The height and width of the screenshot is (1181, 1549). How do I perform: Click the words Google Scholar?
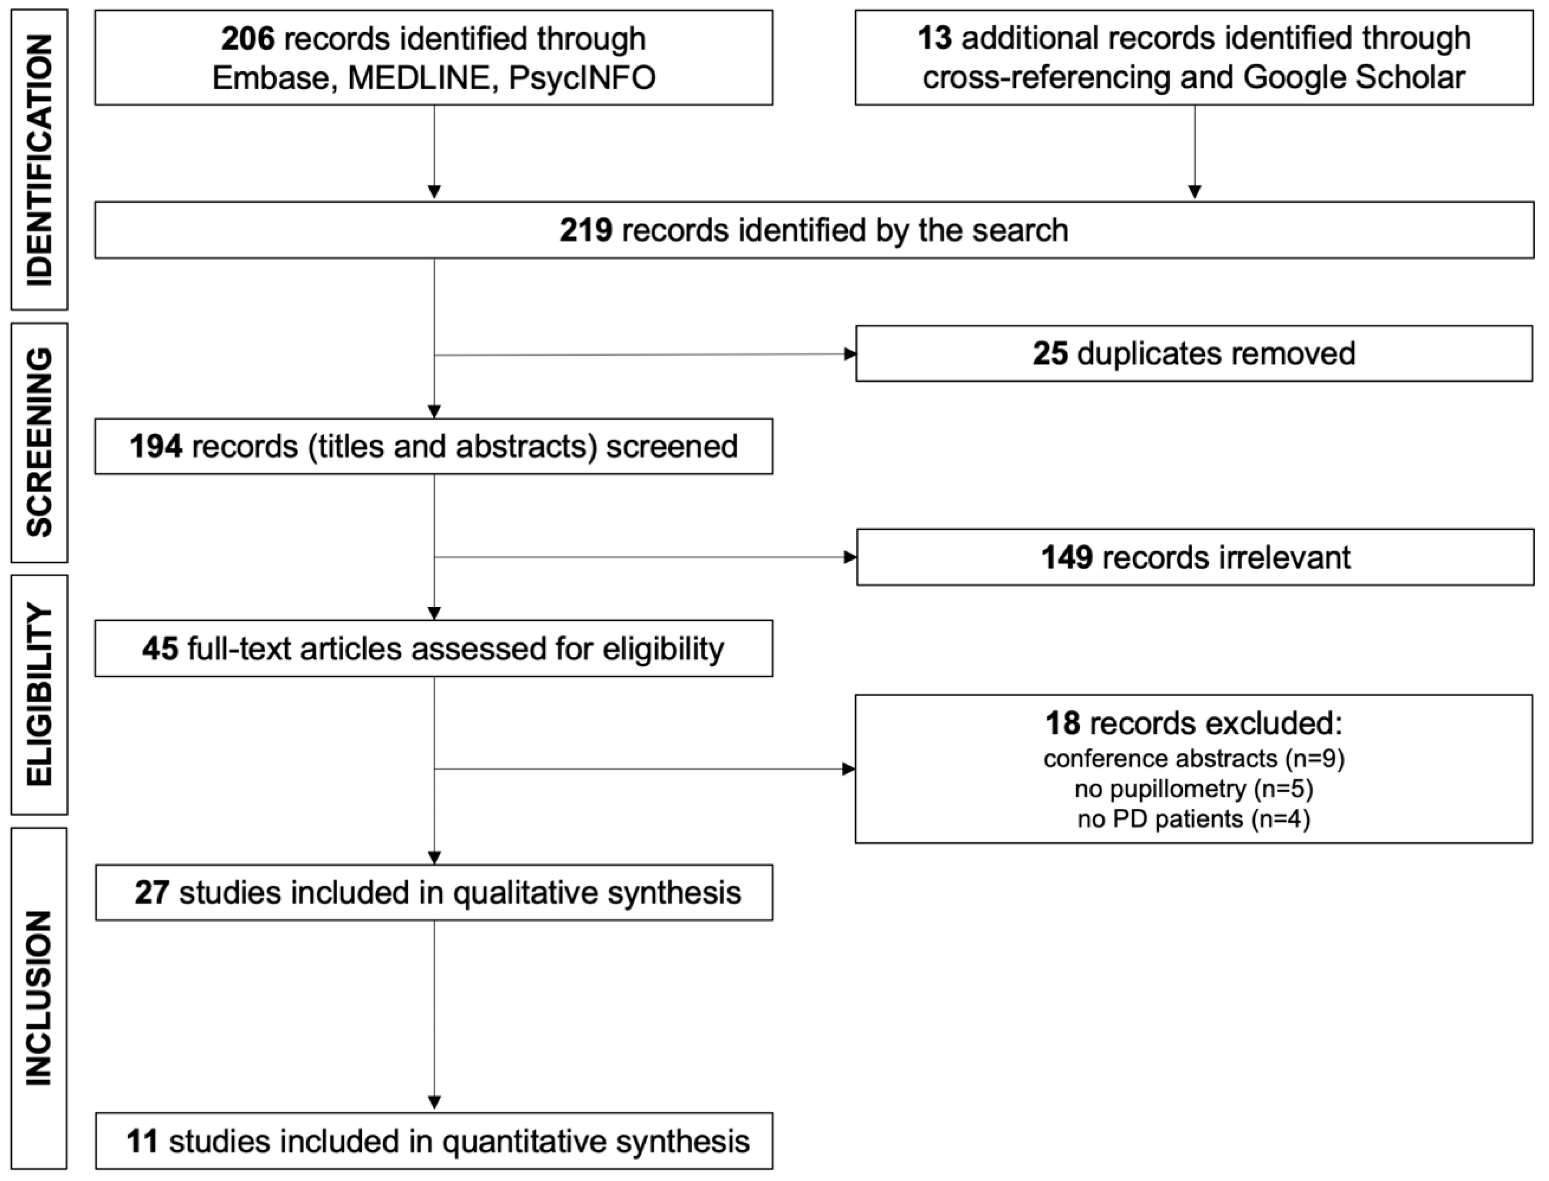(x=1353, y=77)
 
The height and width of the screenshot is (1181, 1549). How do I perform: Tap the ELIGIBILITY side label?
(x=40, y=695)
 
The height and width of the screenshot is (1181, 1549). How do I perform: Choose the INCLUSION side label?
(x=40, y=998)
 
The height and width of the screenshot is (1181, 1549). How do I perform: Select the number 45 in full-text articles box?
(x=160, y=648)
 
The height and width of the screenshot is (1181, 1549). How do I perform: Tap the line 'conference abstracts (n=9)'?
(x=1193, y=758)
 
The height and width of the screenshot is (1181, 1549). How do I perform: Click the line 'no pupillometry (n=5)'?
(x=1193, y=789)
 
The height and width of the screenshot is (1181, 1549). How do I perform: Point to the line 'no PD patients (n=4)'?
(x=1193, y=819)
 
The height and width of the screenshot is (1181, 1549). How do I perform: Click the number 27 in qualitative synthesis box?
(x=152, y=893)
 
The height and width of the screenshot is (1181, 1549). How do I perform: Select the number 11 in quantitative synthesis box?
(x=143, y=1141)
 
